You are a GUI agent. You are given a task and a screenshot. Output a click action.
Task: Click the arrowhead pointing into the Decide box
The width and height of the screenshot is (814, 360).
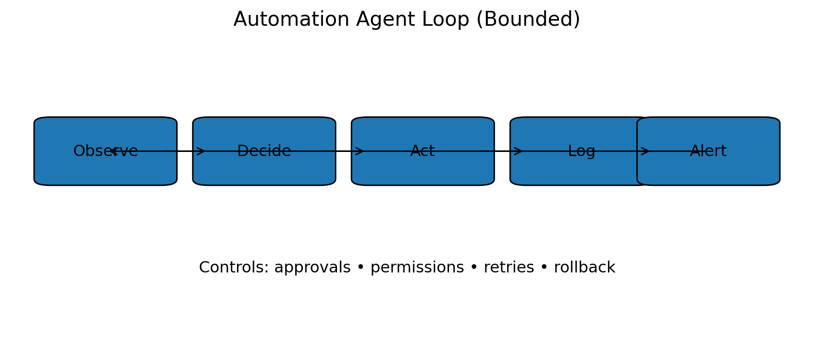click(201, 151)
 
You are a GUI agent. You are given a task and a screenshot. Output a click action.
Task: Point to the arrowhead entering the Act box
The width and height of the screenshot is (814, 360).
click(360, 151)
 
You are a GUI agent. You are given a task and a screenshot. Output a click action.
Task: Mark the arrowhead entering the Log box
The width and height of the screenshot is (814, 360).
click(519, 151)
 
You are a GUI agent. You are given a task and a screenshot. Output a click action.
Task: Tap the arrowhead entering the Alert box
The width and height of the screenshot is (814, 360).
click(645, 151)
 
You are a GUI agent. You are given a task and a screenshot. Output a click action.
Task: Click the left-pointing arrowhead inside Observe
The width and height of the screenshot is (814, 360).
click(114, 151)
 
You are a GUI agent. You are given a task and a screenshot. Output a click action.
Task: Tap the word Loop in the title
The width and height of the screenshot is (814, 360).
click(446, 20)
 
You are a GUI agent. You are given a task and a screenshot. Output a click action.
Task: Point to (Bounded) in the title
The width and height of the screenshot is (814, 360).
click(528, 20)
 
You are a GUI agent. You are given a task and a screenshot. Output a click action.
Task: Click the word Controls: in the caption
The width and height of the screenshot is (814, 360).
click(233, 268)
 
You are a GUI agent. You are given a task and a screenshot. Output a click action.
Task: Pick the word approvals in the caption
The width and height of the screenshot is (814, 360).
click(312, 268)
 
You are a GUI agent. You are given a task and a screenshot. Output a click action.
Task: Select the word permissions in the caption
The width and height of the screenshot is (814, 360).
click(417, 268)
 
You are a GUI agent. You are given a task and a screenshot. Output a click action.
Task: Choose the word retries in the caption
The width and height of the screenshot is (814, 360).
click(508, 268)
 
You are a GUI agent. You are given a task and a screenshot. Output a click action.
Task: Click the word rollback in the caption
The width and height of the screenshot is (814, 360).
click(584, 268)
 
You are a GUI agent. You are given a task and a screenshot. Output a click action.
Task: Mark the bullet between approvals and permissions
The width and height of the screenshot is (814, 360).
click(361, 268)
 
